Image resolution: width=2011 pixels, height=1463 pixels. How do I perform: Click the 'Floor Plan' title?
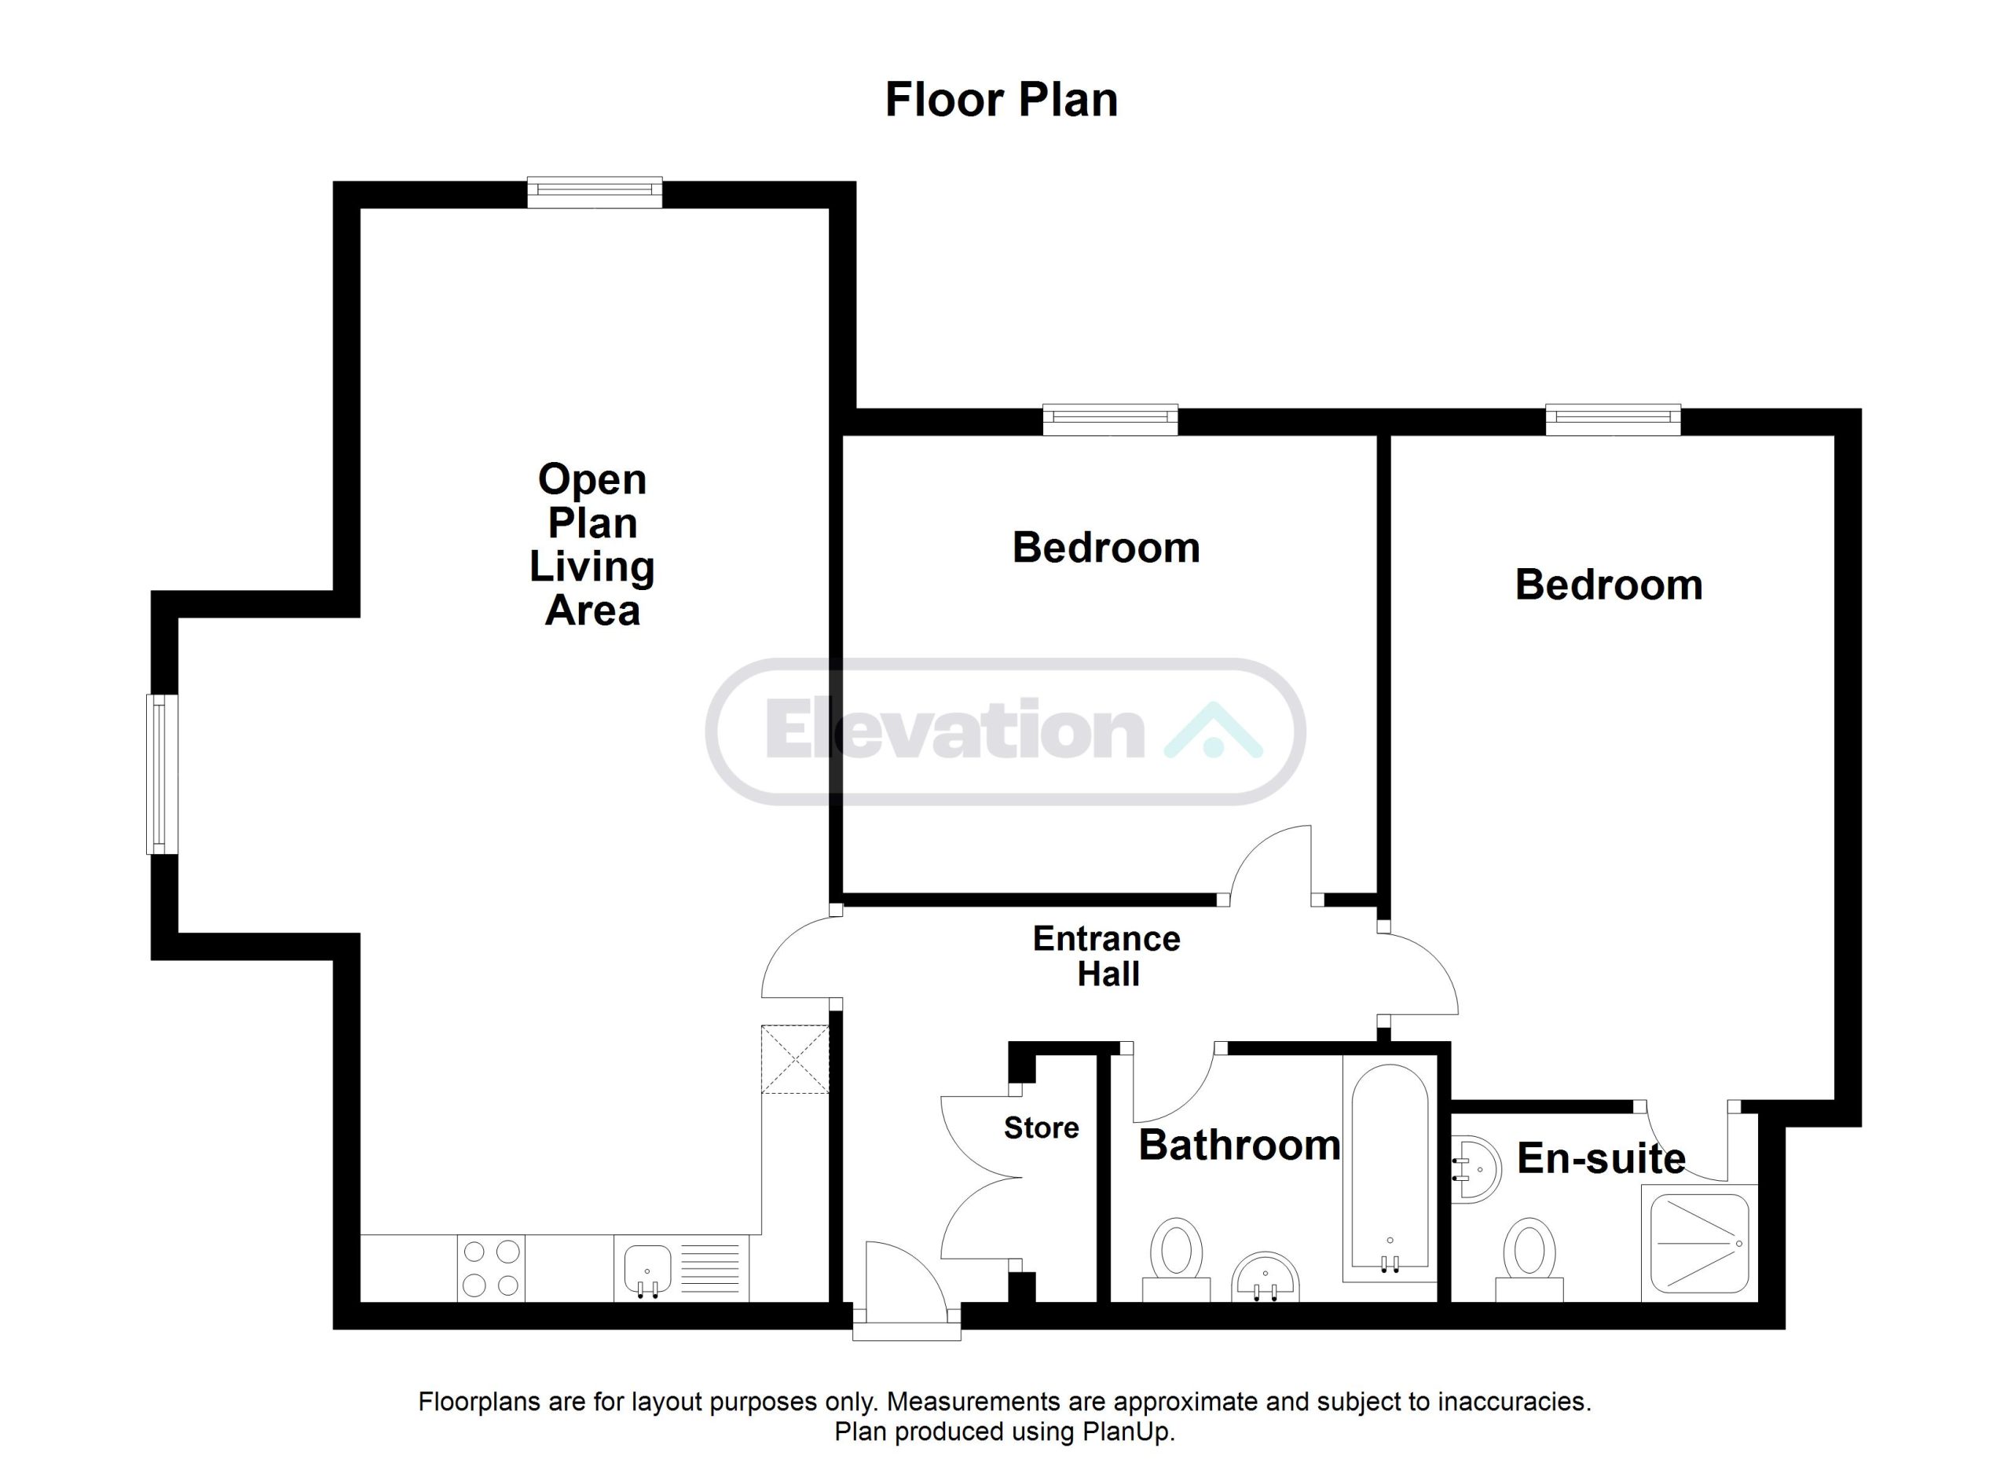pyautogui.click(x=1001, y=101)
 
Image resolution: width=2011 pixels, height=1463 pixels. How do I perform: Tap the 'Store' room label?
pyautogui.click(x=1041, y=1127)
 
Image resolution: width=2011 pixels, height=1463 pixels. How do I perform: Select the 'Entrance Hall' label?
pyautogui.click(x=1107, y=957)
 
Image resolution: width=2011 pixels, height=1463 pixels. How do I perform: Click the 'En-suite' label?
pyautogui.click(x=1602, y=1159)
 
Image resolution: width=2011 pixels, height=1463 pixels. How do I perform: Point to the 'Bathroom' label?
pyautogui.click(x=1240, y=1146)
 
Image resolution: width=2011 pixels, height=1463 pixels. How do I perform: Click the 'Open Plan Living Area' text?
pyautogui.click(x=592, y=544)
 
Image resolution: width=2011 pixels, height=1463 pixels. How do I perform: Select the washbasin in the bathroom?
pyautogui.click(x=1266, y=1277)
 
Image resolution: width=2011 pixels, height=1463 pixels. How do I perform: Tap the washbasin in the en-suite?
pyautogui.click(x=1475, y=1168)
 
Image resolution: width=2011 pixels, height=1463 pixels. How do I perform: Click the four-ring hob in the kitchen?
pyautogui.click(x=491, y=1268)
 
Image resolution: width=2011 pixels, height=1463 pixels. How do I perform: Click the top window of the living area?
pyautogui.click(x=594, y=192)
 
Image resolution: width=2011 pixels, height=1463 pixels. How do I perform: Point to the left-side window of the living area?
pyautogui.click(x=163, y=774)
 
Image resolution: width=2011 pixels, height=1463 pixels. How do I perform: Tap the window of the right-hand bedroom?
pyautogui.click(x=1613, y=420)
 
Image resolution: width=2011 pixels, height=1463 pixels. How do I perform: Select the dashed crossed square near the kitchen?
pyautogui.click(x=794, y=1060)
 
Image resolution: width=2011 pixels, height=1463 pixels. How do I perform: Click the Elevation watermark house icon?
pyautogui.click(x=1212, y=730)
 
